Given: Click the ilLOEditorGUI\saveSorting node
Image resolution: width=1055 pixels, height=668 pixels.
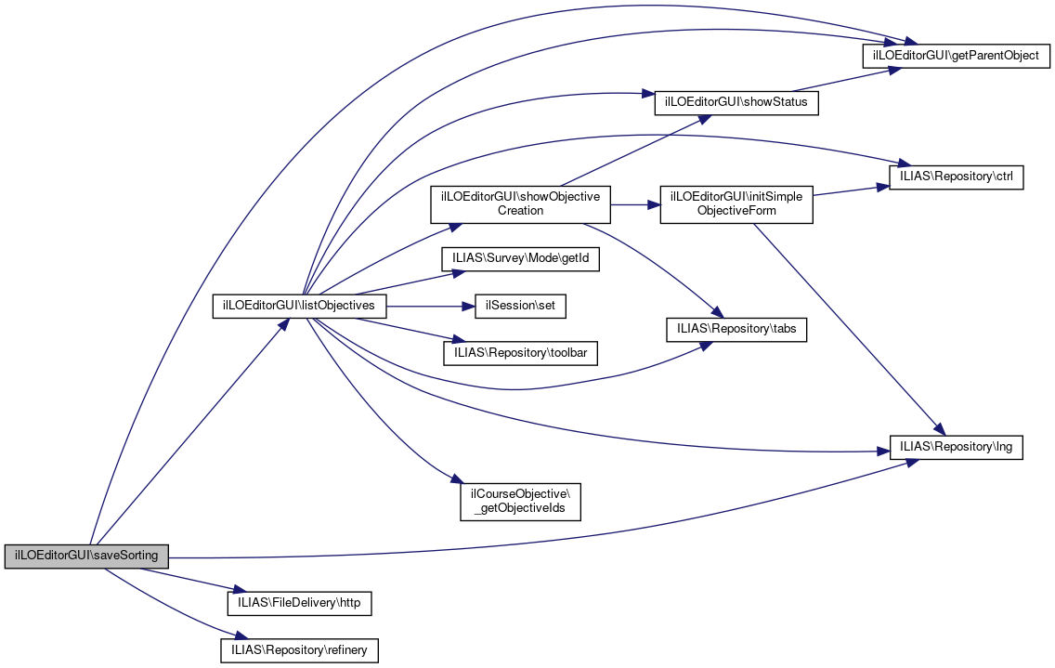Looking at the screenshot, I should [87, 557].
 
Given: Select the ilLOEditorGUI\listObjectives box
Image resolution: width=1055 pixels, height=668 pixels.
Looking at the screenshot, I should [299, 306].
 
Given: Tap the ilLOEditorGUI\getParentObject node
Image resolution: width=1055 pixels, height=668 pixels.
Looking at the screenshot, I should [957, 56].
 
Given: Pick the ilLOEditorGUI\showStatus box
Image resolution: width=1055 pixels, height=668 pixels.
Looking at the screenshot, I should [736, 102].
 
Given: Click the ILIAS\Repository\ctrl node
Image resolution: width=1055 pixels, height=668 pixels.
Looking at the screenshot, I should [956, 177].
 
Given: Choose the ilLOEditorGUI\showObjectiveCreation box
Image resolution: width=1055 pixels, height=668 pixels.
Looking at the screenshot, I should [520, 204].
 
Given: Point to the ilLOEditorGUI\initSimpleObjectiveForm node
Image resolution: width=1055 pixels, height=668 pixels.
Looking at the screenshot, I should [736, 204].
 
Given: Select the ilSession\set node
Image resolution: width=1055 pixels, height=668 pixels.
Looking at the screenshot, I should [520, 306].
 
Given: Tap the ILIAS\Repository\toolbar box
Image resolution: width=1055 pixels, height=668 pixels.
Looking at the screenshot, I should [521, 352].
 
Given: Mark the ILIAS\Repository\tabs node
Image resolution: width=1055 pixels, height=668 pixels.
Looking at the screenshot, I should [736, 330].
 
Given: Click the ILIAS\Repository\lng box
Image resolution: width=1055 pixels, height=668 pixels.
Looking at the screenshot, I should [956, 447].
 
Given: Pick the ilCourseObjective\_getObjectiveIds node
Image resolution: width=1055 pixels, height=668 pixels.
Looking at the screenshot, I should [520, 501].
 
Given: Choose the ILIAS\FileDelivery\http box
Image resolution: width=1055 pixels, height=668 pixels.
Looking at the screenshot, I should [299, 603].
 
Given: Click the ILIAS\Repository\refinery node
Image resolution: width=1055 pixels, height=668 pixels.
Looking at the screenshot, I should [299, 649].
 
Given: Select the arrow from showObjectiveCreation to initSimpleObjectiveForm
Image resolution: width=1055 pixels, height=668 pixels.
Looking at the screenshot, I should [634, 204].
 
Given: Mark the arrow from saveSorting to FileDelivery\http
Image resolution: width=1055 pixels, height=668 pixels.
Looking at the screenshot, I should [186, 580].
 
